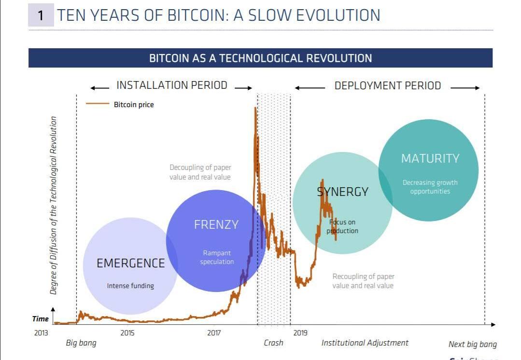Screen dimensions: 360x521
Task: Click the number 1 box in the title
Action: pos(41,15)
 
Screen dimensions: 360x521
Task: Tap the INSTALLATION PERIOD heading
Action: pos(171,85)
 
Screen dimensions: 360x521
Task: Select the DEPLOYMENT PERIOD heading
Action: pos(388,86)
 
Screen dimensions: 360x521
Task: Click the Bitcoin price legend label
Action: pos(134,105)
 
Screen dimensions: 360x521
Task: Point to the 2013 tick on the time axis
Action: pos(41,332)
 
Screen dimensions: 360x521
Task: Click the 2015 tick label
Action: pos(127,332)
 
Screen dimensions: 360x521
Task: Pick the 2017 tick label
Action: pos(214,332)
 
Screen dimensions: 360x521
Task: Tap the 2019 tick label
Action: pos(300,332)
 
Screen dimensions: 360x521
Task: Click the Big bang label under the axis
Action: pos(81,343)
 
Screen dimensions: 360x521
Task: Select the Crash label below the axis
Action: pos(273,343)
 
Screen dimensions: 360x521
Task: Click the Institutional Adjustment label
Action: pos(365,343)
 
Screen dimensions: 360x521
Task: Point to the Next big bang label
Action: pos(472,344)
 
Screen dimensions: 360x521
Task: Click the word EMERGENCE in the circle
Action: pos(130,263)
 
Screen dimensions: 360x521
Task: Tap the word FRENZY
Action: pos(216,225)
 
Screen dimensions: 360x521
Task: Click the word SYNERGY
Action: pos(342,192)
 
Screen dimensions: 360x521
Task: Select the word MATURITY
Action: pos(430,159)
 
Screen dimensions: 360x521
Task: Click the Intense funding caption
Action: pos(130,286)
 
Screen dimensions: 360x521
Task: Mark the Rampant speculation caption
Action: pos(217,257)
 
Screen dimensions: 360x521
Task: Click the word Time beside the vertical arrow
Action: pos(41,318)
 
